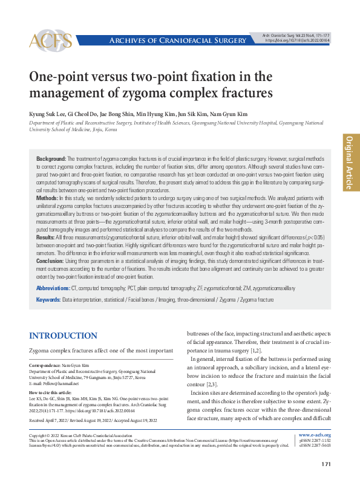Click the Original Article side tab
click(351, 162)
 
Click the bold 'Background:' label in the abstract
click(52, 158)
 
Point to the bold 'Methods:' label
click(48, 198)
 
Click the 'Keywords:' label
click(48, 300)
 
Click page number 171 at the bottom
click(326, 464)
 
